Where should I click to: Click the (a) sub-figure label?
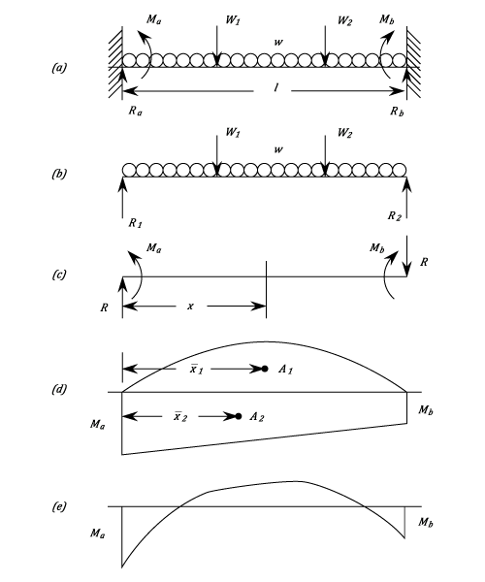coord(59,68)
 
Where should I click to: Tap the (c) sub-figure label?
coord(59,275)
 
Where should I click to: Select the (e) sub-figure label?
coord(59,506)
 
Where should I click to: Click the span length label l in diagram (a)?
coord(276,87)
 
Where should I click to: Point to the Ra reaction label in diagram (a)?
coord(136,111)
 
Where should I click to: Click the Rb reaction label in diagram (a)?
coord(397,111)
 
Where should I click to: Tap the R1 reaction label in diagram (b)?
coord(136,223)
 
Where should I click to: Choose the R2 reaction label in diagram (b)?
coord(395,216)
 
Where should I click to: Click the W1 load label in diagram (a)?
coord(233,20)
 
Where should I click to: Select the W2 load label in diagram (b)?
coord(344,133)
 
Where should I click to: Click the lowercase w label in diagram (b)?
coord(278,149)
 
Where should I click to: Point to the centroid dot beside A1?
coord(265,369)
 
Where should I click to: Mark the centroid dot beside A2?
coord(239,416)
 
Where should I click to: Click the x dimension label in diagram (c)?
coord(190,307)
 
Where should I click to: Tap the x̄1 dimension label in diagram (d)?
coord(196,370)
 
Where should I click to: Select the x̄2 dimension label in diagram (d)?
coord(180,417)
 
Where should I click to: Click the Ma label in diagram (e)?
coord(97,533)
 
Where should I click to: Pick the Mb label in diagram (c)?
coord(377,248)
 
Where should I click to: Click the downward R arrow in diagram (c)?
coord(407,256)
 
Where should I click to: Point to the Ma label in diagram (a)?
coord(154,19)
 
